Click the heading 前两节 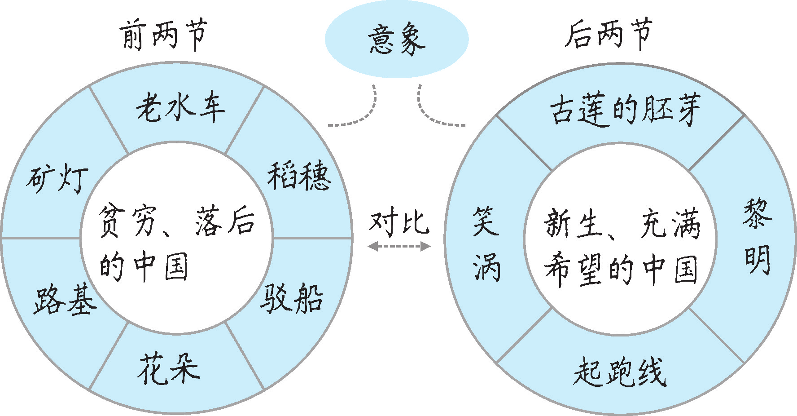coord(163,35)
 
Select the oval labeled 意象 coord(397,40)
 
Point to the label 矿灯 coord(57,179)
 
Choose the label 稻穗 coord(299,176)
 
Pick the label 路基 coord(65,299)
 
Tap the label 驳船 coord(292,297)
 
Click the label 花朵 coord(169,369)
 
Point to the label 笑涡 coord(486,243)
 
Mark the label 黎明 coord(758,237)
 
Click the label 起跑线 coord(620,372)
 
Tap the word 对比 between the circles coord(399,222)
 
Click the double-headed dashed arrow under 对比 coord(399,246)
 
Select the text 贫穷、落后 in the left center coord(176,221)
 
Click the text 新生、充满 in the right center coord(622,223)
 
